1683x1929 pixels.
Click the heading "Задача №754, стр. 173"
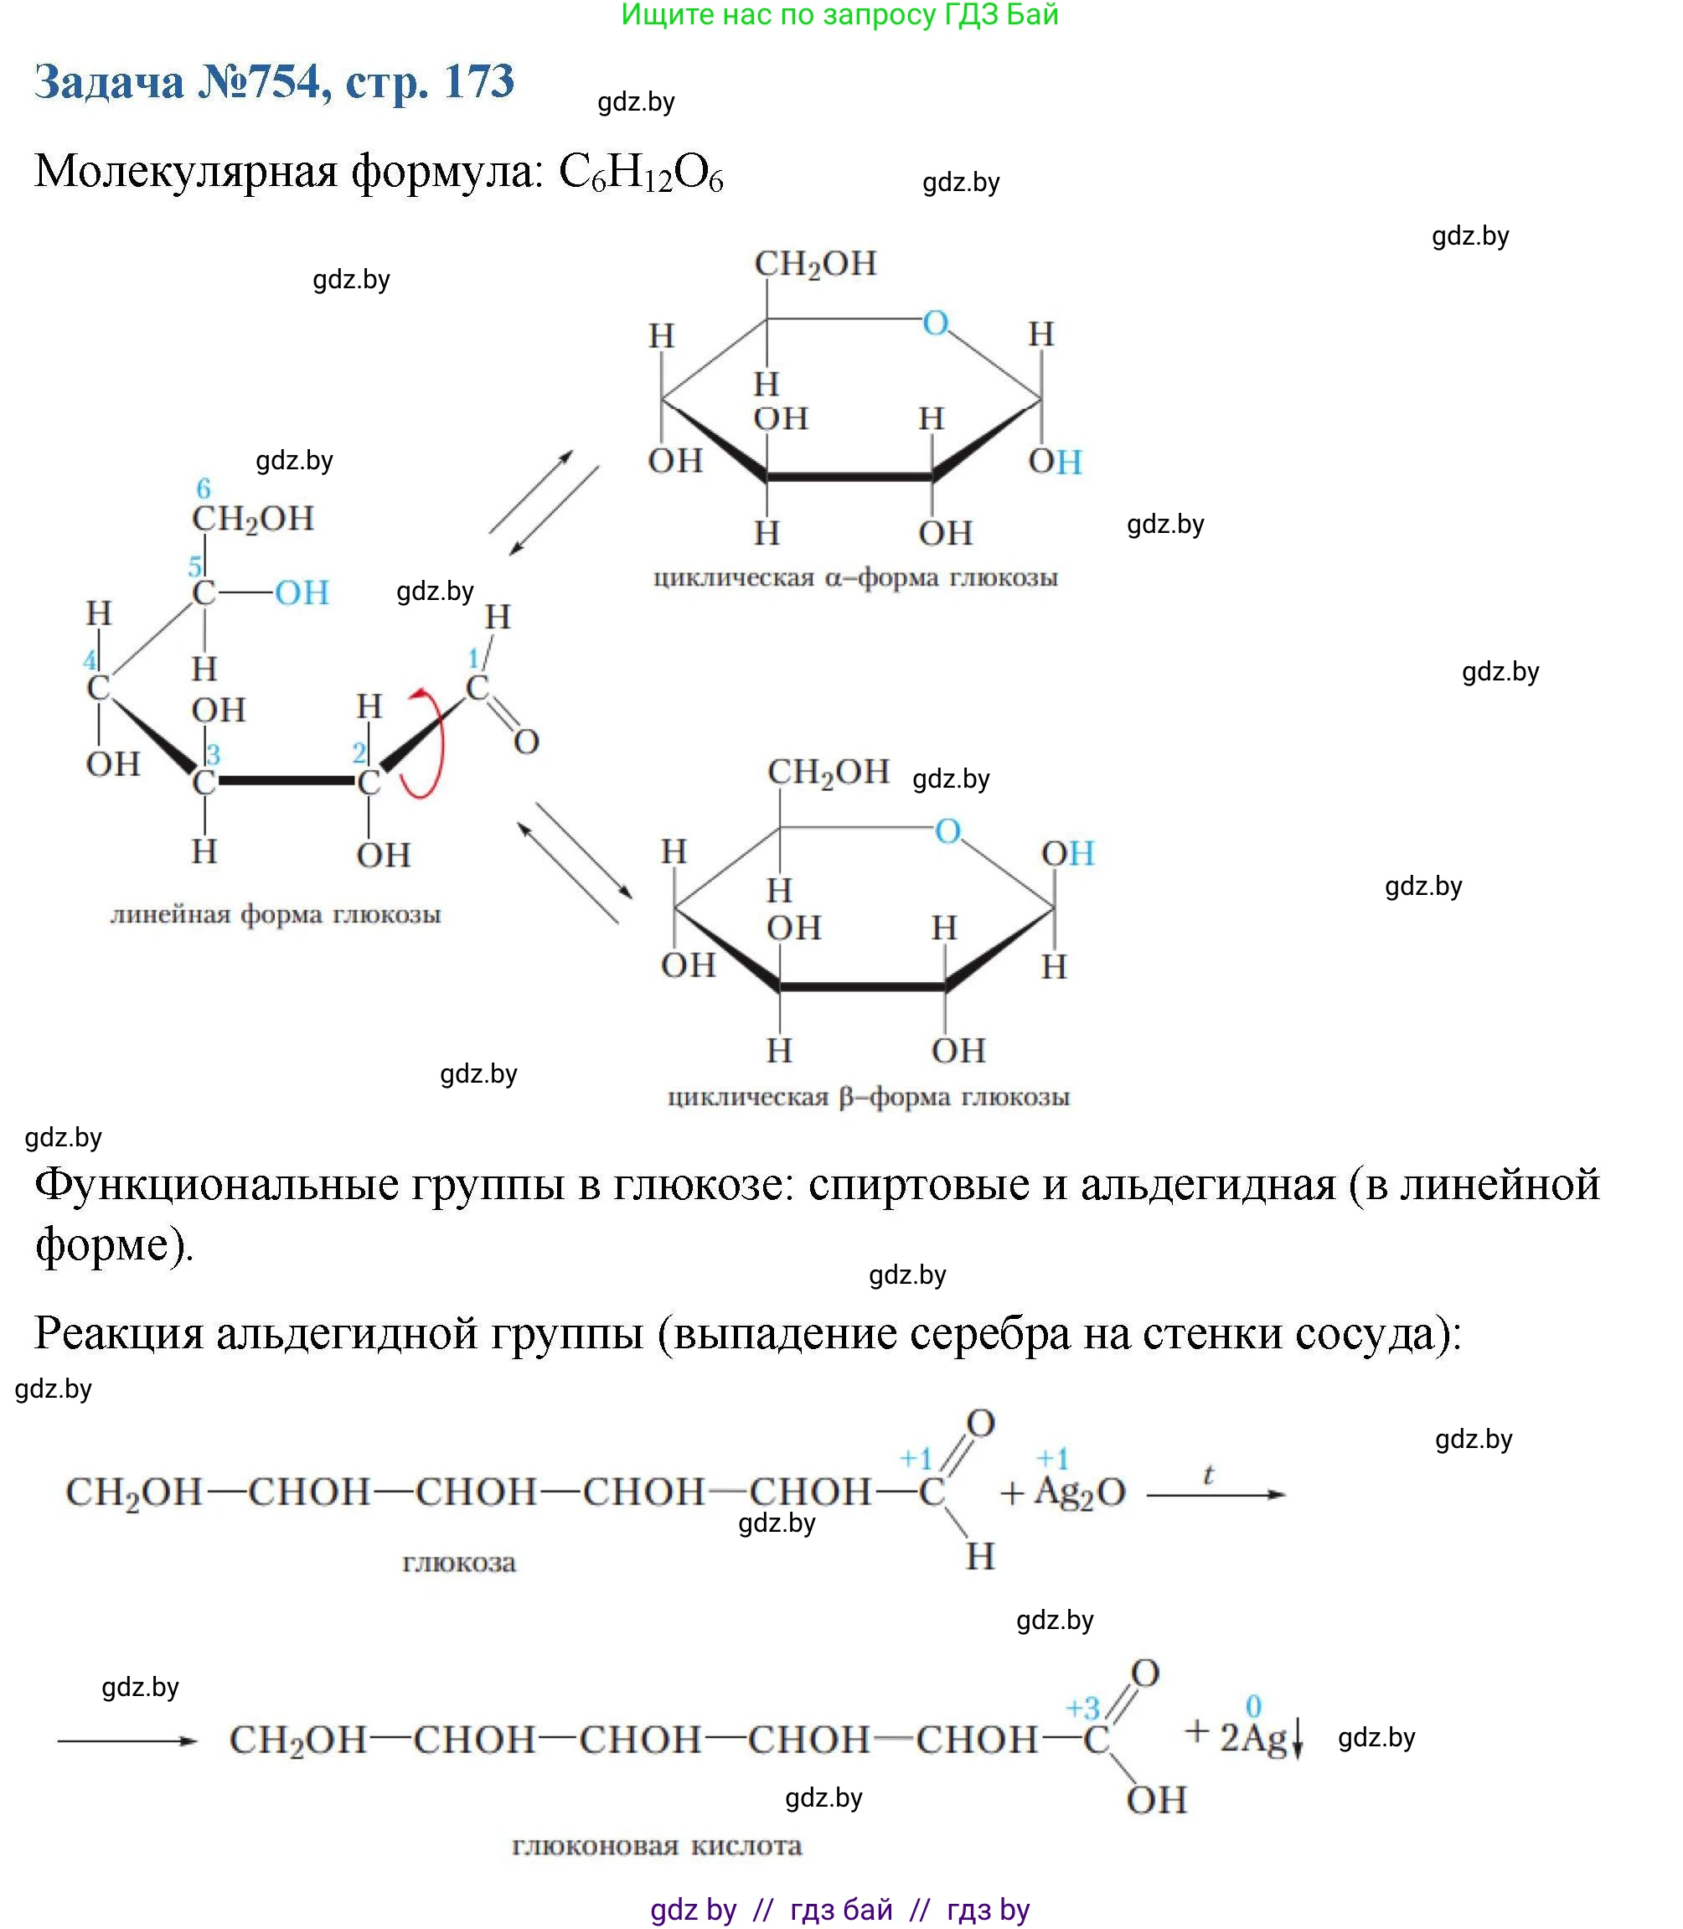(x=274, y=82)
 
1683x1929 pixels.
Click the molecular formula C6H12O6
(x=641, y=173)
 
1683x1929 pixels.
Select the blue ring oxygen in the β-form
(x=947, y=830)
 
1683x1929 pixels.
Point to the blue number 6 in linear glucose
(x=204, y=489)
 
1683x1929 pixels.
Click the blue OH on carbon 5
(x=302, y=593)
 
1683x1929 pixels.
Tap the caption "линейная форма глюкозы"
(x=275, y=914)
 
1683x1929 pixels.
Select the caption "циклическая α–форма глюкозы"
(x=854, y=577)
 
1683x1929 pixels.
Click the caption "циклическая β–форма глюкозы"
(x=868, y=1097)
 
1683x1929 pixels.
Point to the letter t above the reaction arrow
(x=1208, y=1475)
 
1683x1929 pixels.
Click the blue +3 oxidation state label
(x=1082, y=1707)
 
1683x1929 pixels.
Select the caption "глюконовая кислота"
(x=657, y=1845)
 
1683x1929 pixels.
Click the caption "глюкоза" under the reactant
(x=459, y=1563)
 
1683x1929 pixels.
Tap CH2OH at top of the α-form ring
(x=815, y=264)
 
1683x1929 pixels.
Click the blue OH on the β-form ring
(x=1068, y=853)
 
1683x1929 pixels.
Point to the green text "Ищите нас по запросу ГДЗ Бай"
(x=839, y=15)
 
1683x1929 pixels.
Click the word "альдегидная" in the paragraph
(x=1207, y=1185)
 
